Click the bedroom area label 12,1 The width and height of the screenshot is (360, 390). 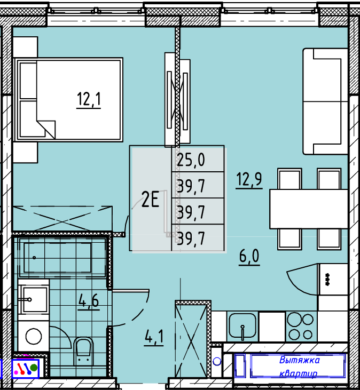point(89,99)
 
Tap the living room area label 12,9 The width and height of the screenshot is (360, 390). point(249,179)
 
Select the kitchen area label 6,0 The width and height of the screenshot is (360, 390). point(249,256)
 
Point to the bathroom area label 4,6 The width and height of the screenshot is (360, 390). point(89,300)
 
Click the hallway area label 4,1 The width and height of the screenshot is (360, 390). point(154,337)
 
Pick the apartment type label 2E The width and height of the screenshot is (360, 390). point(150,199)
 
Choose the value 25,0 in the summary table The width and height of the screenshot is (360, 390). point(191,160)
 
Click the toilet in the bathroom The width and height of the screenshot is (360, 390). point(83,351)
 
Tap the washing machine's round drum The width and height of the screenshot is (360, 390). point(33,336)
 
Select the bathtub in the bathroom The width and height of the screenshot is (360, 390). point(60,258)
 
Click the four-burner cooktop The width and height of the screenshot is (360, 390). point(301,327)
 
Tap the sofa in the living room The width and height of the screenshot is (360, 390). point(325,101)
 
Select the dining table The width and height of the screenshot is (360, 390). point(309,209)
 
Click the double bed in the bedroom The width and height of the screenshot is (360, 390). point(68,100)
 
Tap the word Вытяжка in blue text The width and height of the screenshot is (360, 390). point(299,360)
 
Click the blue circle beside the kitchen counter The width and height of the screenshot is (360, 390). point(217,361)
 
